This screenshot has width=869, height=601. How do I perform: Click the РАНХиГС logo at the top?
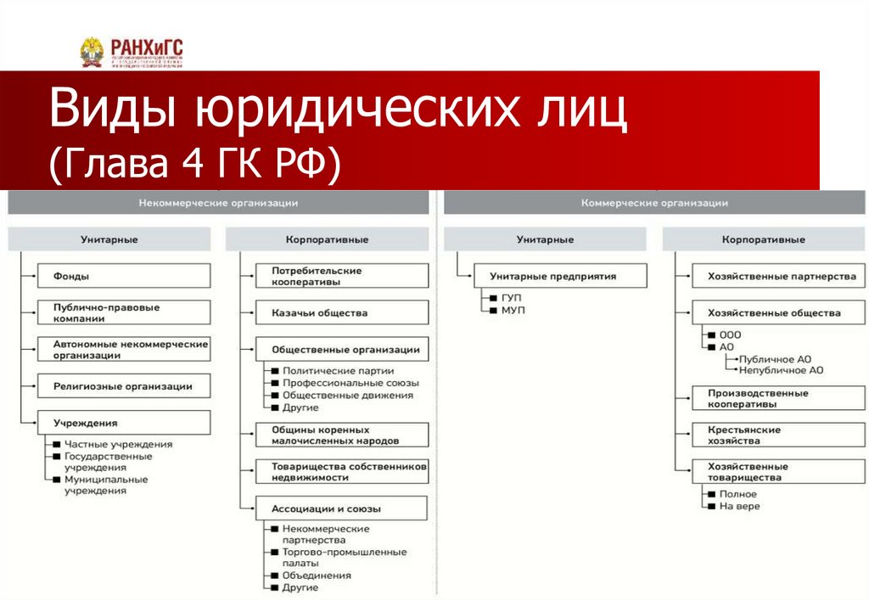(131, 52)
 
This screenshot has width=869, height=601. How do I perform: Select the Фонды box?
(124, 276)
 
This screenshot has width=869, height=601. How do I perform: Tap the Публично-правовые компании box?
(124, 312)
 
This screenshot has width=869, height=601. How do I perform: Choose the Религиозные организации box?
(124, 386)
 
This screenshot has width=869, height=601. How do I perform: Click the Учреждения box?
(124, 423)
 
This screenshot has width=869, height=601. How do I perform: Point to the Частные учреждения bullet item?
(118, 444)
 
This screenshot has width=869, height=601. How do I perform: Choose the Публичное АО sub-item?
(781, 358)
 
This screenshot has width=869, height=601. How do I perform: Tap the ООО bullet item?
(730, 334)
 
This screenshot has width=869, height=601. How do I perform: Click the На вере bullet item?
(739, 506)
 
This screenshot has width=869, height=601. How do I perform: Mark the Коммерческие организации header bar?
(654, 203)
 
